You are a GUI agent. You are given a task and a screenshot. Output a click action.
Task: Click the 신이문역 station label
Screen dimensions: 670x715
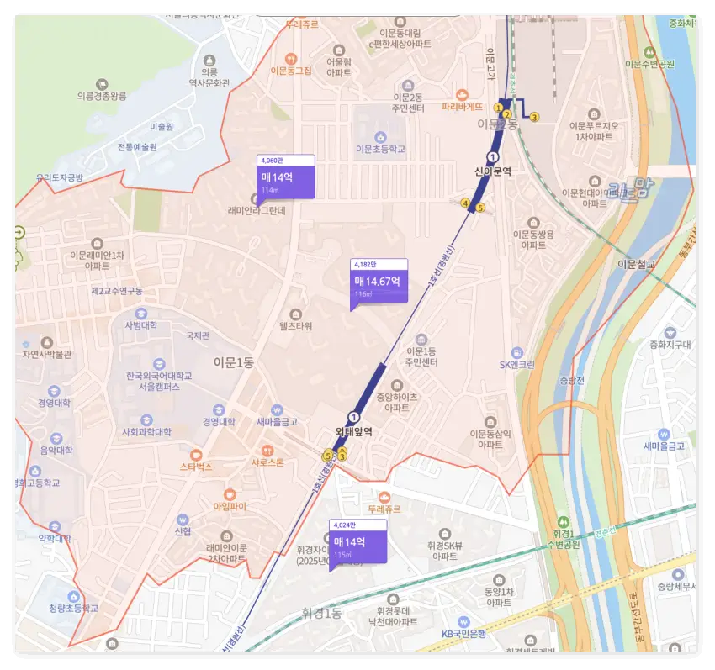493,171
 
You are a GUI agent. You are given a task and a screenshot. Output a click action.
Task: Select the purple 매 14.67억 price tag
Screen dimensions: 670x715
378,282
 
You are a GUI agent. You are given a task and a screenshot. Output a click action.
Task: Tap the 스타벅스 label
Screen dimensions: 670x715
196,466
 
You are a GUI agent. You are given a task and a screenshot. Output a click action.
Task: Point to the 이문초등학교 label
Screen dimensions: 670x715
380,149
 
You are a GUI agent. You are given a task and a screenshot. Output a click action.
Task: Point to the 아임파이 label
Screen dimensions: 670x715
229,506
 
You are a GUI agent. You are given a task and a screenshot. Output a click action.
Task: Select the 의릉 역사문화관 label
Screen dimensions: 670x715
209,76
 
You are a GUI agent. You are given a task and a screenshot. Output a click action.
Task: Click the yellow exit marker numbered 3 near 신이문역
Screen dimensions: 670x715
533,117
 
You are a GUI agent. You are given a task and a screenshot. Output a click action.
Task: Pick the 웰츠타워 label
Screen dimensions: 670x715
295,325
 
